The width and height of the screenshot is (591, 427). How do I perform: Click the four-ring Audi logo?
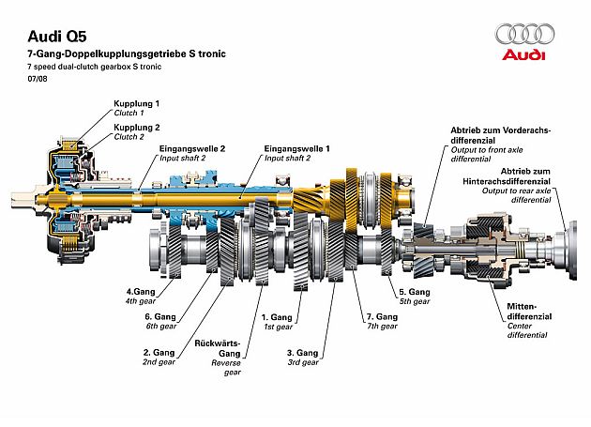[x=530, y=35]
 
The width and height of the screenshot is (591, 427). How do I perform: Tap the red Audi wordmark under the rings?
[x=530, y=56]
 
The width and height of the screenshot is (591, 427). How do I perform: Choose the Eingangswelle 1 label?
[x=296, y=148]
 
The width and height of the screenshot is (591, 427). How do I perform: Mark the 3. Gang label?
[x=302, y=353]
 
